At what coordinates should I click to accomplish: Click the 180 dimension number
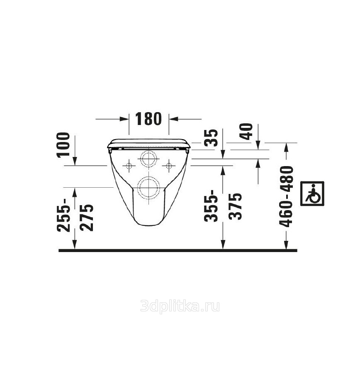(x=148, y=119)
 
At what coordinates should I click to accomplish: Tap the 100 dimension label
(x=64, y=145)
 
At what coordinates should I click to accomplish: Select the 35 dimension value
(x=212, y=137)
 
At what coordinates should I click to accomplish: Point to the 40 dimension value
(x=246, y=132)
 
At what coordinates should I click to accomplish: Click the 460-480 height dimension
(x=286, y=196)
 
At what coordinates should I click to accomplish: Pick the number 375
(x=235, y=206)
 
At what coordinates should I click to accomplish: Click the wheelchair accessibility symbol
(x=312, y=194)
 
